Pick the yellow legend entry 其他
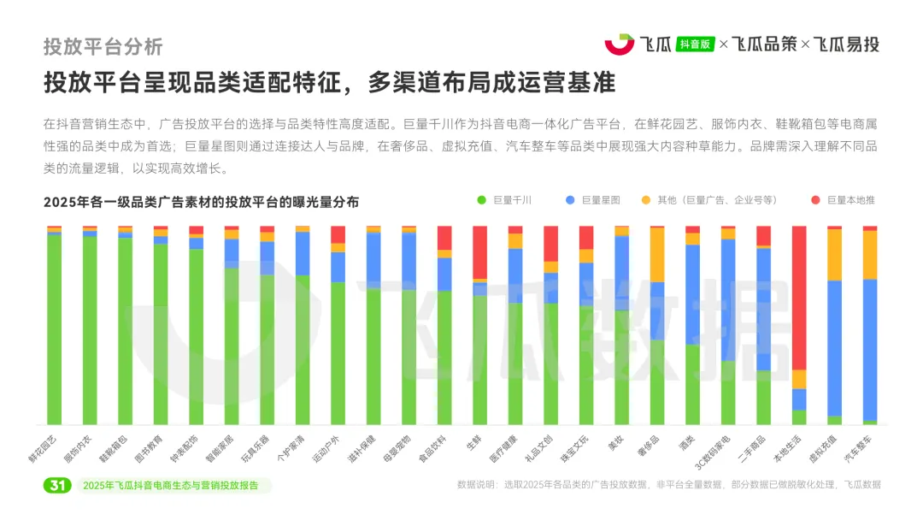(708, 200)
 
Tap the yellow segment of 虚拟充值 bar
(834, 255)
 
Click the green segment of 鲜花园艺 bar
(55, 329)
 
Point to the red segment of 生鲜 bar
(480, 252)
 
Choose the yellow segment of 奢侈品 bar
(657, 254)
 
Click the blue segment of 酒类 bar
(692, 294)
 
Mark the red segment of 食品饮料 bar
(444, 238)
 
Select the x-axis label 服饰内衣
(78, 448)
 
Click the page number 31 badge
(57, 486)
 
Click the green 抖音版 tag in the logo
(694, 44)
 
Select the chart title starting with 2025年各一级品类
(201, 202)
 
